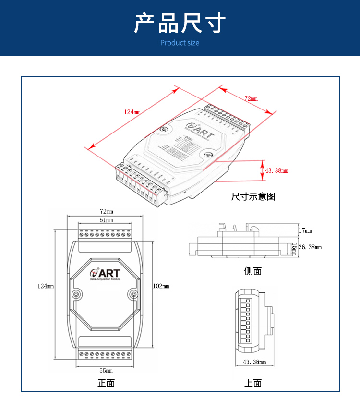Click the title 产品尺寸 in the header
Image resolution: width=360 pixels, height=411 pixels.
[180, 23]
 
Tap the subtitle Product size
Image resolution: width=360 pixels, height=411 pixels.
[180, 43]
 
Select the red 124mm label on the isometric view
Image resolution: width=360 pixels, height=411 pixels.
[132, 112]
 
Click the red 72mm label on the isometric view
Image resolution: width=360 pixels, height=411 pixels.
[251, 98]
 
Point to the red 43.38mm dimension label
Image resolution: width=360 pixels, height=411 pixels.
[276, 170]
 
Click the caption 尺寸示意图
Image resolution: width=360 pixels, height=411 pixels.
[253, 196]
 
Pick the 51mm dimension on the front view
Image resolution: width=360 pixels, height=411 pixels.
[106, 220]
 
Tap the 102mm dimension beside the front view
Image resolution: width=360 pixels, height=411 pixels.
[161, 286]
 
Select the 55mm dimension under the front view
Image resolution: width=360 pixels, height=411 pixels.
[106, 370]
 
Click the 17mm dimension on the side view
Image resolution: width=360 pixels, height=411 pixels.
[305, 231]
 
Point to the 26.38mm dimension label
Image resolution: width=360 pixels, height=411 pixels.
[310, 247]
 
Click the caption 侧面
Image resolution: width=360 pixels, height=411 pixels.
[253, 271]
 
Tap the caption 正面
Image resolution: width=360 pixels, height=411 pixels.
[106, 383]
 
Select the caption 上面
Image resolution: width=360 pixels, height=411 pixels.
[253, 383]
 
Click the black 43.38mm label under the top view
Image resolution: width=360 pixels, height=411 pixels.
[254, 362]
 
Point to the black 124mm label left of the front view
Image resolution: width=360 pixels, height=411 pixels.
[46, 286]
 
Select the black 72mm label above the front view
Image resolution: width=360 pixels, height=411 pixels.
[106, 211]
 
